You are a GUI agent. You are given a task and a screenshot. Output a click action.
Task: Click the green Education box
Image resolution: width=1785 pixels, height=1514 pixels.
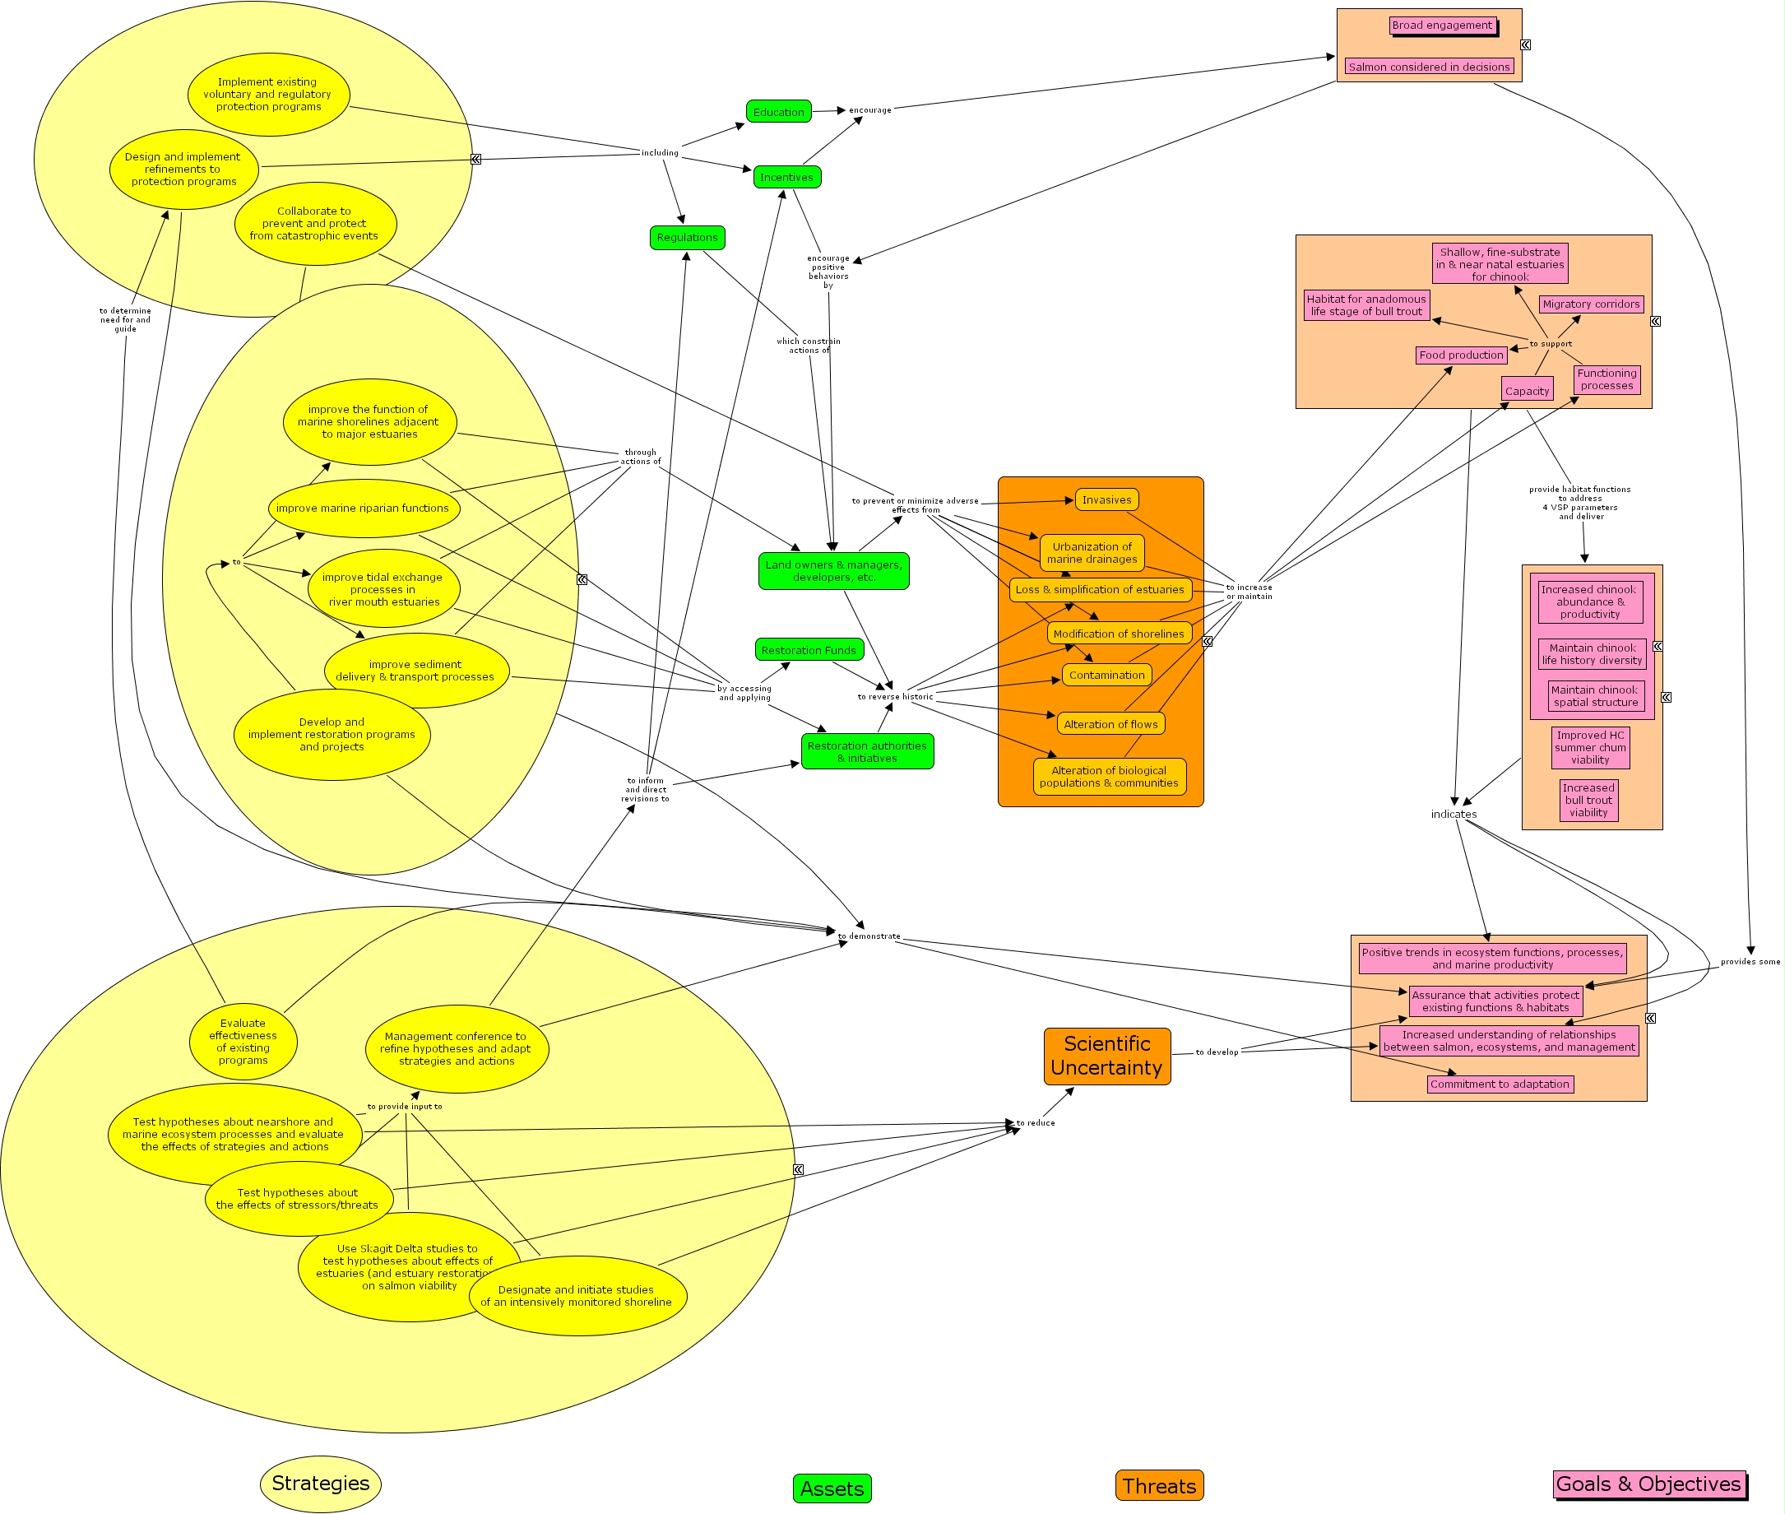click(778, 112)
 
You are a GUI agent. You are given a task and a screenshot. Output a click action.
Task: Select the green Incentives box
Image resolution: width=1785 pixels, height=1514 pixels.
click(786, 177)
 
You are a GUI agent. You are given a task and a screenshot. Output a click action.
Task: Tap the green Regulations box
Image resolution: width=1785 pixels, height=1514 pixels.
click(687, 237)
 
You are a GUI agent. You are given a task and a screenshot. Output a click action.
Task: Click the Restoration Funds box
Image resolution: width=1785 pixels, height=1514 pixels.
click(809, 650)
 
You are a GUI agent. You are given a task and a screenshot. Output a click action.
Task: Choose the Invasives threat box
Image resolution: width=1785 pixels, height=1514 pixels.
click(1106, 499)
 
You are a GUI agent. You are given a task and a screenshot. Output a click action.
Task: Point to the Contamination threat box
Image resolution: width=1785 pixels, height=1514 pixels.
click(1106, 675)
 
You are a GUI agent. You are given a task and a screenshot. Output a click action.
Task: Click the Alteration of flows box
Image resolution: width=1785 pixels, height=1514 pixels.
click(1110, 723)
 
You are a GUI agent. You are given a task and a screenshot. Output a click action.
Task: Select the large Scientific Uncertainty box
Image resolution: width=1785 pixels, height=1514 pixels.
click(1107, 1056)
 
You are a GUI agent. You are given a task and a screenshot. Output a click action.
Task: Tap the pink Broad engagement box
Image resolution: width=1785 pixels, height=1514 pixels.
click(1442, 25)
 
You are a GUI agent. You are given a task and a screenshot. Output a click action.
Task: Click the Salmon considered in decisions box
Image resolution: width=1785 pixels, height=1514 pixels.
click(1429, 66)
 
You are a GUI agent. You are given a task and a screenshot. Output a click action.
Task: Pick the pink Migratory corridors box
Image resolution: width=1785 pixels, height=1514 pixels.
click(1590, 304)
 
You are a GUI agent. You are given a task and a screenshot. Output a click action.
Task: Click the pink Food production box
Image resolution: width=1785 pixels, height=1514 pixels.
click(1461, 355)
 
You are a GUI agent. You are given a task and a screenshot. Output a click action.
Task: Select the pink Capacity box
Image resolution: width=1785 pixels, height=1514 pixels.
click(1527, 391)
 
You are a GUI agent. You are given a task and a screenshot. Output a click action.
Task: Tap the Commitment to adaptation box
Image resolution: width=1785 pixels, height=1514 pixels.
click(1500, 1084)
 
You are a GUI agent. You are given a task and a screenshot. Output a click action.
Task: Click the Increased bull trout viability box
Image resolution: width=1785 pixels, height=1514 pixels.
click(1588, 800)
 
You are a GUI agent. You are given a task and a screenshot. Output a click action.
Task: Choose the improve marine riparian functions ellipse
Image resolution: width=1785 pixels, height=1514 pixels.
click(363, 509)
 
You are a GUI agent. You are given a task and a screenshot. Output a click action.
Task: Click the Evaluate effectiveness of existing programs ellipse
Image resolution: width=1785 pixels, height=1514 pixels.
click(243, 1041)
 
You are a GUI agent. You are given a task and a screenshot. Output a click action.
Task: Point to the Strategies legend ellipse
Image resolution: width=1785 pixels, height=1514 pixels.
click(320, 1483)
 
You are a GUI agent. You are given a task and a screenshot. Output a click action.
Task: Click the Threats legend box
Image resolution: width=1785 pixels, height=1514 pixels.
click(1158, 1486)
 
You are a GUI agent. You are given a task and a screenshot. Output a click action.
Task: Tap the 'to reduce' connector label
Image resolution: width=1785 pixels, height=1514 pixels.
click(1035, 1122)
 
